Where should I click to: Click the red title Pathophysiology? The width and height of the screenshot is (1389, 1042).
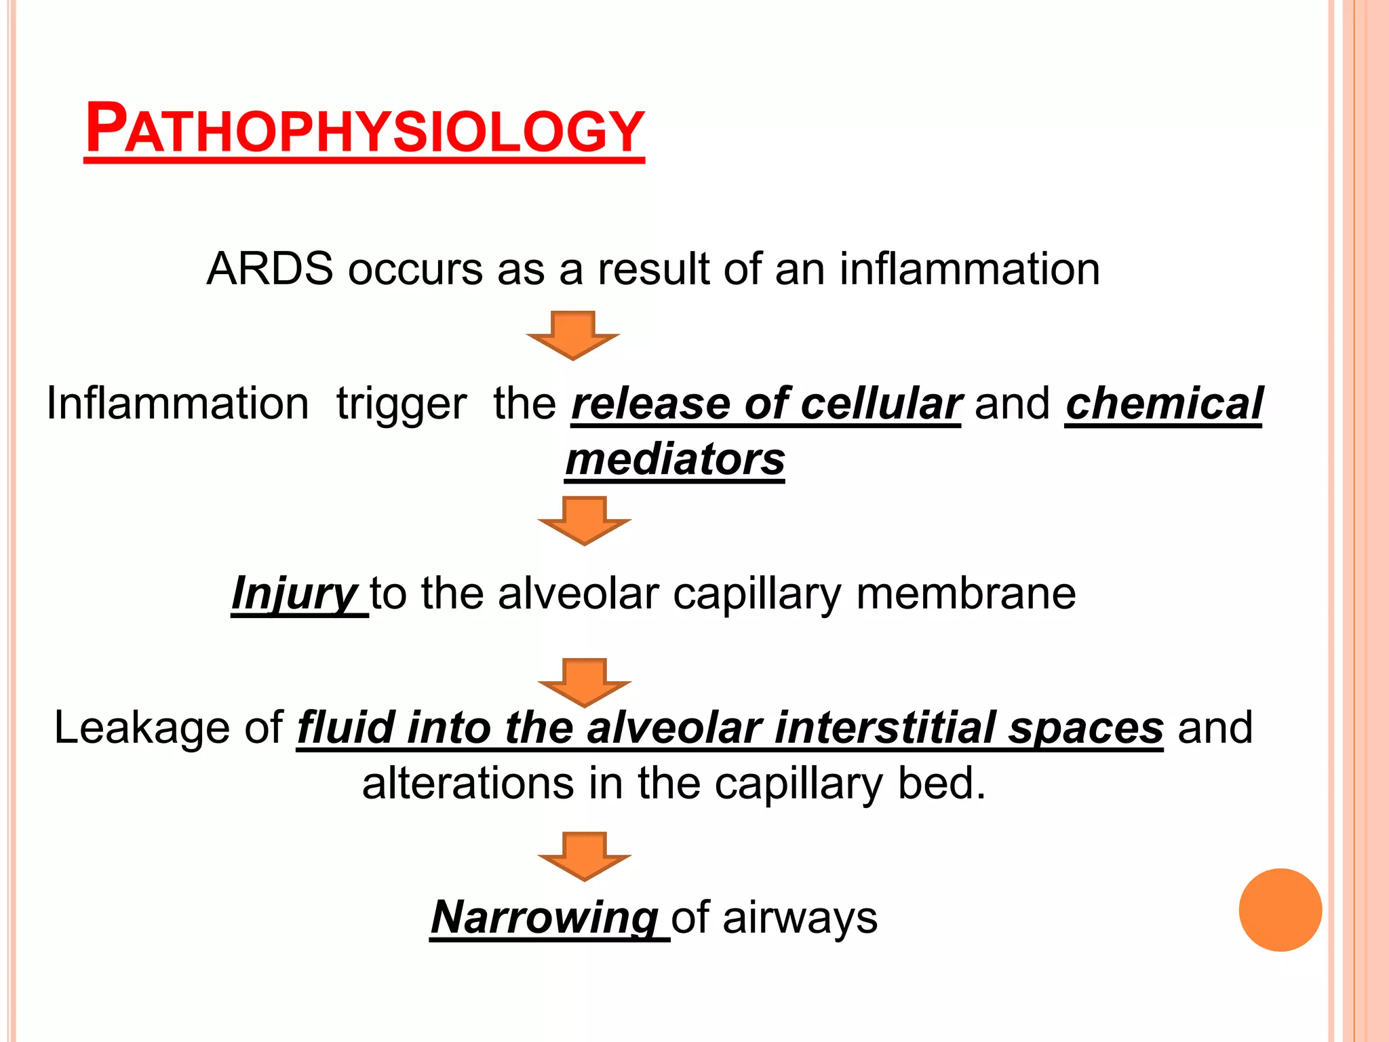[364, 129]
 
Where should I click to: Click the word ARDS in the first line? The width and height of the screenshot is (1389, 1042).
[269, 269]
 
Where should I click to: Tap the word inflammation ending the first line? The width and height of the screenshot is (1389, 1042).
[969, 269]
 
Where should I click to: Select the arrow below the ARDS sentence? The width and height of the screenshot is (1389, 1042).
[573, 334]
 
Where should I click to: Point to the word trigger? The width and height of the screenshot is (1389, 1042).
[402, 404]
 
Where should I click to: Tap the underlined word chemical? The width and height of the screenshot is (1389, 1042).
[1164, 404]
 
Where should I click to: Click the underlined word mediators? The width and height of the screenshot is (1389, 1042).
[675, 460]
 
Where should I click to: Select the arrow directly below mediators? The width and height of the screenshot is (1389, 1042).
[584, 520]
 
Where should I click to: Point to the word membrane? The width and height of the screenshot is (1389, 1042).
[966, 594]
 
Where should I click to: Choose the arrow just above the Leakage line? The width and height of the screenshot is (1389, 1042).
[584, 682]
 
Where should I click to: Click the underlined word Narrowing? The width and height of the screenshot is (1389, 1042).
[545, 918]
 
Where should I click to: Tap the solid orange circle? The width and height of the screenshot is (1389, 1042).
[1280, 910]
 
